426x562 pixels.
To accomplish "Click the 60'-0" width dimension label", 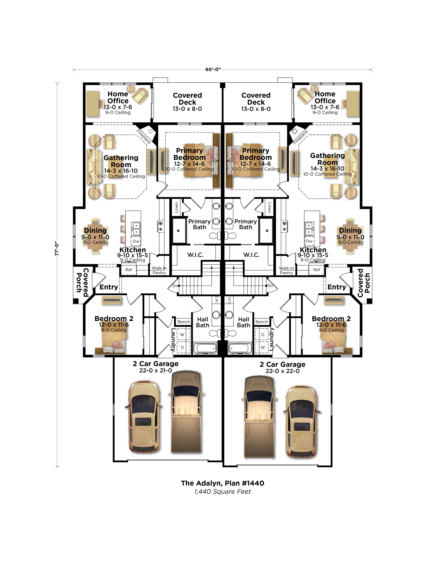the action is point(213,69).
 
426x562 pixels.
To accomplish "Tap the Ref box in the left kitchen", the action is point(129,270).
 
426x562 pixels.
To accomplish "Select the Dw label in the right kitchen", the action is point(309,241).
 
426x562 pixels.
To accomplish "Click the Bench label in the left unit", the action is point(184,322).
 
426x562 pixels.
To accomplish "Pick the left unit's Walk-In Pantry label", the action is point(159,270).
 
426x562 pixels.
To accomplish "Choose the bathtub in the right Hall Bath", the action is point(240,348).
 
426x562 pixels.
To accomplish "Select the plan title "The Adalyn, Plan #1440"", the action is point(222,483).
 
